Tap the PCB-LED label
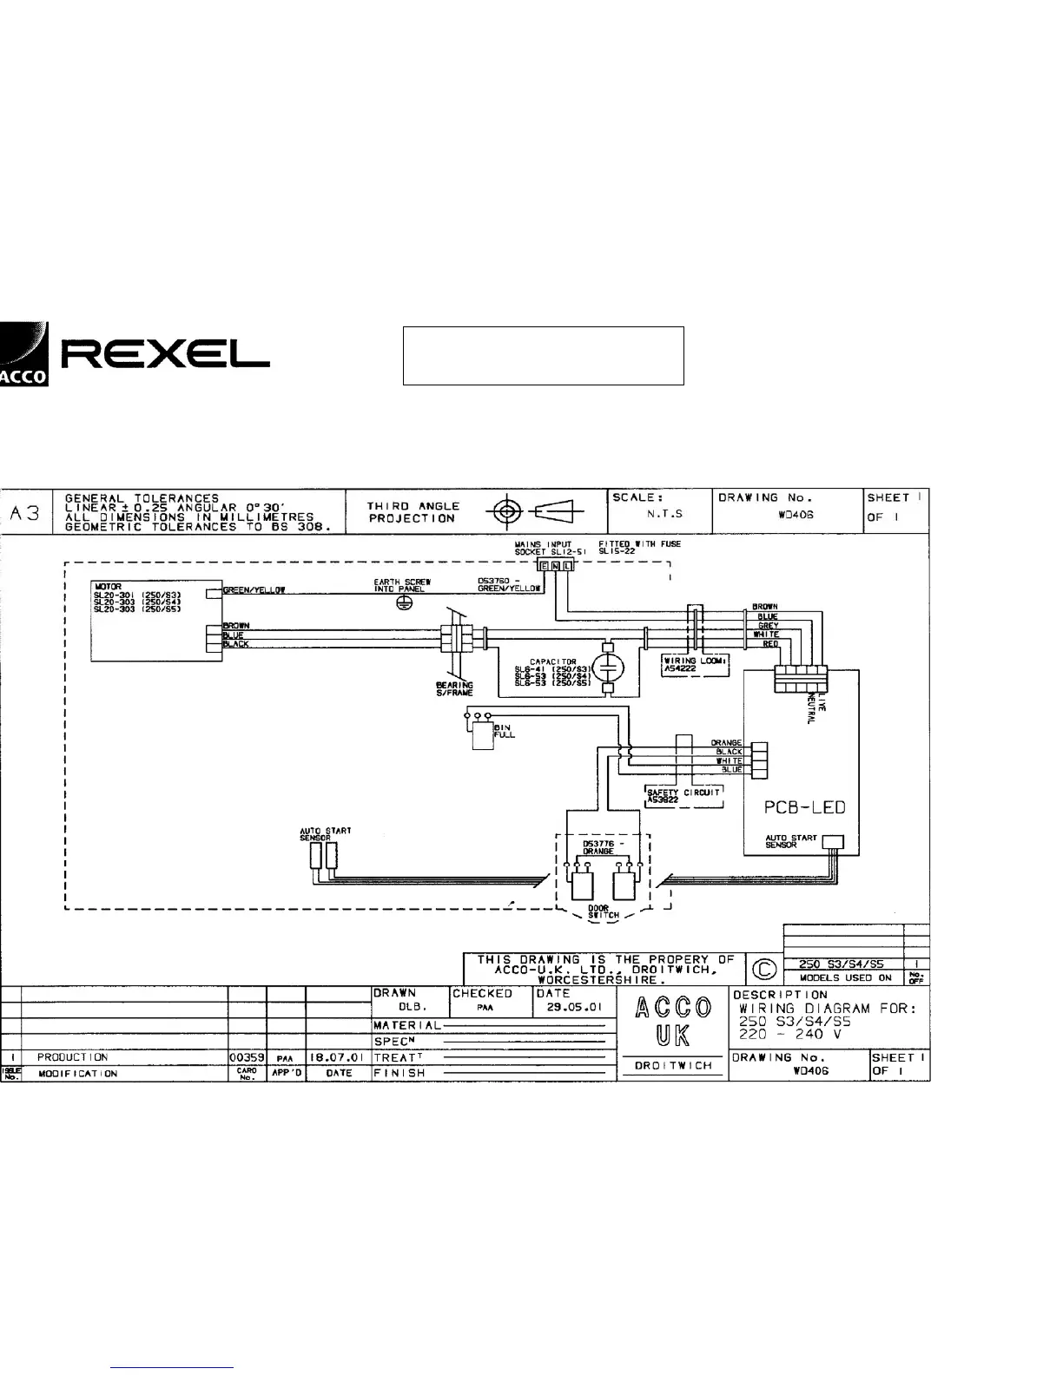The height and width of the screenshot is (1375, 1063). click(804, 807)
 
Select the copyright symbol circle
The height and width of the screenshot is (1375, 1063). click(764, 969)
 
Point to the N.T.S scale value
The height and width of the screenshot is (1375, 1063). click(665, 514)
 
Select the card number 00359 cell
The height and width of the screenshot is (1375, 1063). click(247, 1058)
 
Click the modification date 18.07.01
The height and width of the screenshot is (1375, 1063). click(338, 1058)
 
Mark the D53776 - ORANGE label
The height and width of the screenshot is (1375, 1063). click(598, 847)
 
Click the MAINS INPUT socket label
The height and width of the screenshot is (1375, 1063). click(544, 548)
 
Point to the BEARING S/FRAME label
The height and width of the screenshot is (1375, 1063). click(454, 689)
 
